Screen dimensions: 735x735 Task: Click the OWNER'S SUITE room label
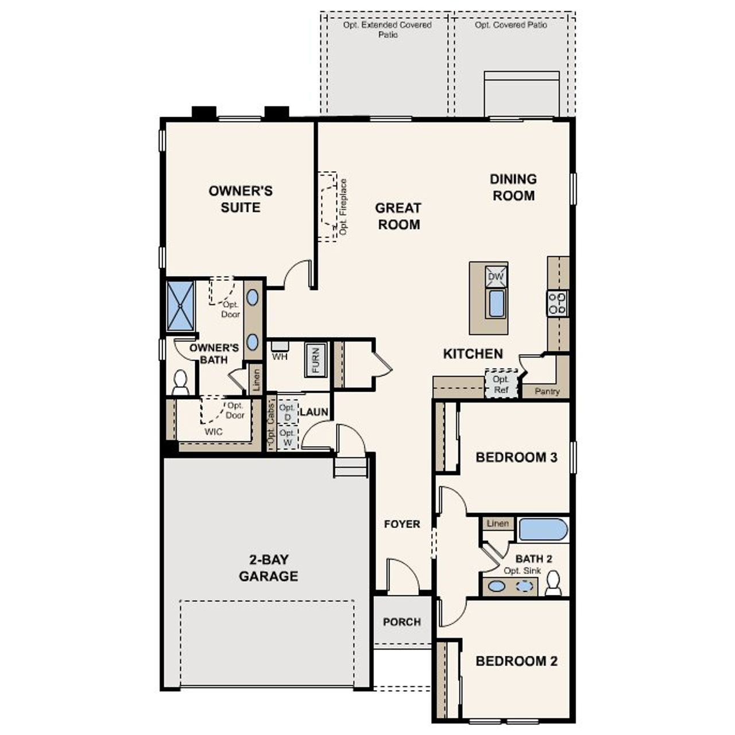(x=241, y=199)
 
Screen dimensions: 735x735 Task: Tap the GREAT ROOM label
(x=399, y=216)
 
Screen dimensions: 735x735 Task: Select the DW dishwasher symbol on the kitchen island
(x=496, y=277)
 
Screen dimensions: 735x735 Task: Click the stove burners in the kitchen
(x=557, y=303)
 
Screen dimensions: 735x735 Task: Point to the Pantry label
(x=547, y=391)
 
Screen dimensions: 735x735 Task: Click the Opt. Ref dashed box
(x=501, y=384)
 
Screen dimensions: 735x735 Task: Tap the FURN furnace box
(x=315, y=359)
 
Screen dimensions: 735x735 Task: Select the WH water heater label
(x=280, y=357)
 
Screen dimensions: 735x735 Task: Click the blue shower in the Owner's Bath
(x=180, y=305)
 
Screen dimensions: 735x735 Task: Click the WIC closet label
(x=214, y=431)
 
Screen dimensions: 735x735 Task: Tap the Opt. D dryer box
(x=287, y=412)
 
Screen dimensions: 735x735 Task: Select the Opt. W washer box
(x=287, y=438)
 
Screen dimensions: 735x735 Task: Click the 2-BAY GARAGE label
(x=268, y=568)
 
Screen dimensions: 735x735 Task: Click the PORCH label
(x=402, y=622)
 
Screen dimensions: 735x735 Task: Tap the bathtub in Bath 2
(x=543, y=529)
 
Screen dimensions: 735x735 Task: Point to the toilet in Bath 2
(x=554, y=584)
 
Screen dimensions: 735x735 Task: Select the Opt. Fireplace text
(x=343, y=207)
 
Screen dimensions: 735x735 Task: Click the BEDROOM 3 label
(x=516, y=458)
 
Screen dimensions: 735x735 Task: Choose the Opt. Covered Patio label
(x=511, y=25)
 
